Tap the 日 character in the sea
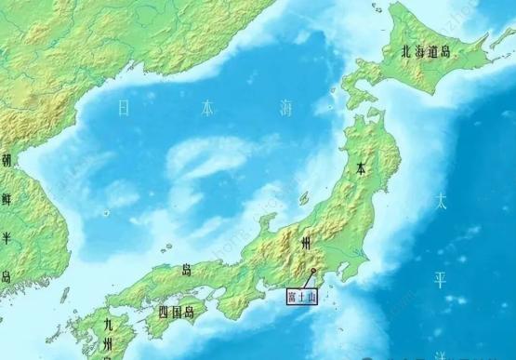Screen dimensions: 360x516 click(125, 109)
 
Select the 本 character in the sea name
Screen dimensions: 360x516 click(205, 109)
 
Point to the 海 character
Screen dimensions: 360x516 click(286, 108)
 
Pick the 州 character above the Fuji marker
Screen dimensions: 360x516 click(306, 243)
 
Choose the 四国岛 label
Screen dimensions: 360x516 click(176, 312)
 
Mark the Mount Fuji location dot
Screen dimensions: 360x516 click(314, 272)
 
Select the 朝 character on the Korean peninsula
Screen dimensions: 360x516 click(7, 160)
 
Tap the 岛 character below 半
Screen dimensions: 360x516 click(7, 276)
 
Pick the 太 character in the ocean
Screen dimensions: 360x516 click(443, 200)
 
